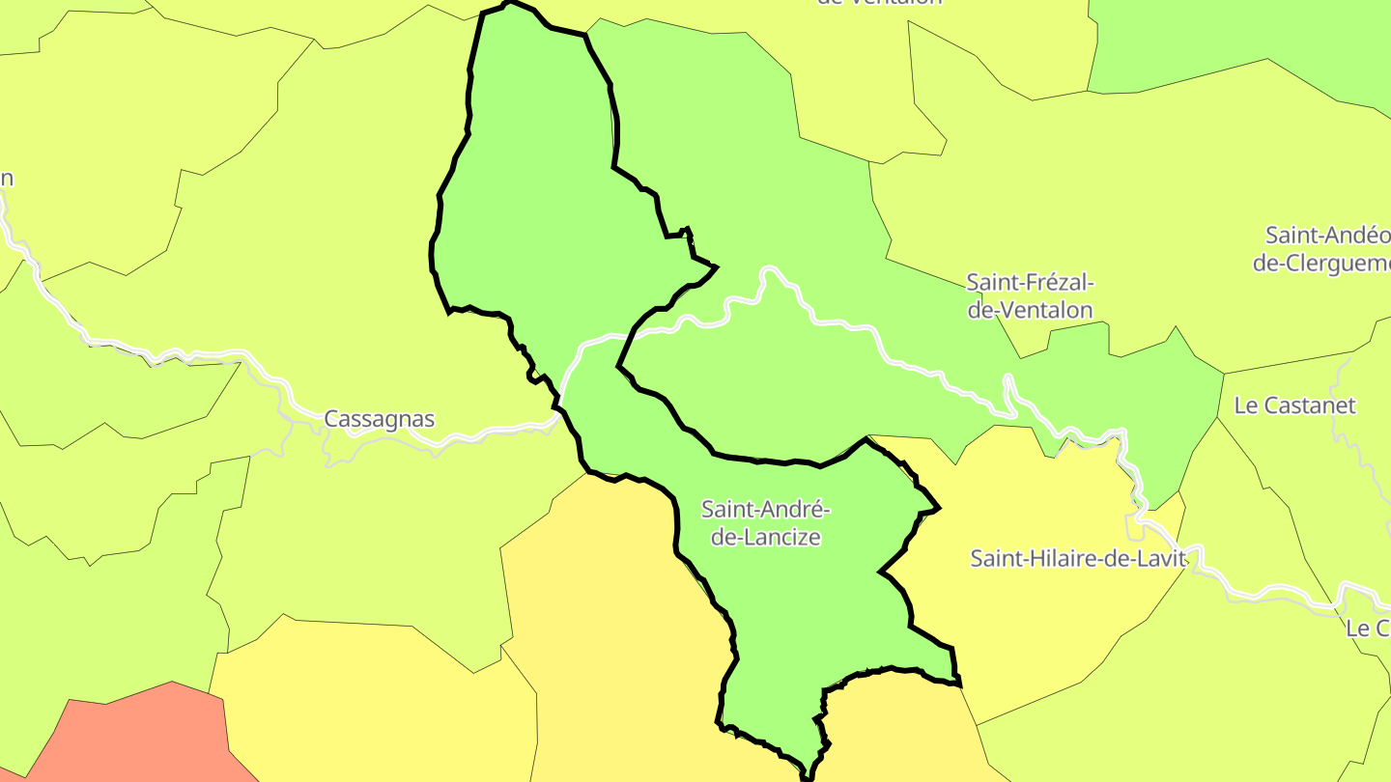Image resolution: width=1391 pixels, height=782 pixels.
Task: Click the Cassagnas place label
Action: point(379,419)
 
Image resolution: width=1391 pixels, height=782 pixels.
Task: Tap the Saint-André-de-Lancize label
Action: point(766,522)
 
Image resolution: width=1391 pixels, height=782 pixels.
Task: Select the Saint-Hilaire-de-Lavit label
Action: point(1078,558)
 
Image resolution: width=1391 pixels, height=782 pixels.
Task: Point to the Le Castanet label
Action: point(1294,405)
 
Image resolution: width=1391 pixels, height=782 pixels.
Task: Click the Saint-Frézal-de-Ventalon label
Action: point(1030,296)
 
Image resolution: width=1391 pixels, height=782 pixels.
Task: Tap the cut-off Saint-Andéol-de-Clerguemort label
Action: point(1323,249)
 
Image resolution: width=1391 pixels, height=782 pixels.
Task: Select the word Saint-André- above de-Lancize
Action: point(766,509)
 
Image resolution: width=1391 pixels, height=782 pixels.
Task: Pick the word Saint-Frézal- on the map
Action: point(1030,283)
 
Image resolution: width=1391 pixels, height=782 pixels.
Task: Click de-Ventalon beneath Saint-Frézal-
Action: point(1030,310)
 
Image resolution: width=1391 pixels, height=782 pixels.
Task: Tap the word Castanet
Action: point(1309,405)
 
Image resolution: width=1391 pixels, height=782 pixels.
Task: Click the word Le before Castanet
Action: point(1246,405)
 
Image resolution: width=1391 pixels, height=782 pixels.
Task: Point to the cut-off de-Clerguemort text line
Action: point(1321,263)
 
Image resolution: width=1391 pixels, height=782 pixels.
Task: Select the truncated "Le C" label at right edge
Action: point(1367,628)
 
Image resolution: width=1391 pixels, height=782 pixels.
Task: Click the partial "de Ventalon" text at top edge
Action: point(879,3)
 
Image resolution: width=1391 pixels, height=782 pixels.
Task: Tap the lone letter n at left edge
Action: point(7,179)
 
